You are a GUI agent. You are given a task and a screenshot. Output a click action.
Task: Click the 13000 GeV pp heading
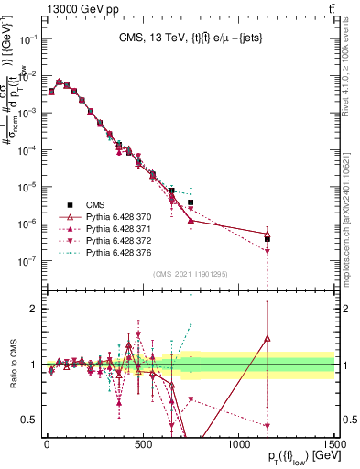click(44, 8)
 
